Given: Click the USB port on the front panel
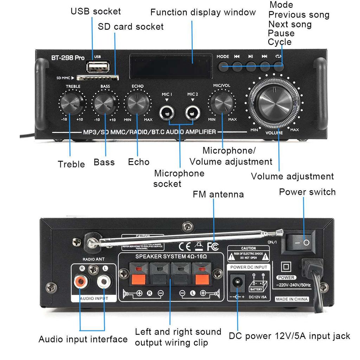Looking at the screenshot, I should [x=93, y=66].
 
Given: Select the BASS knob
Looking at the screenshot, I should [x=104, y=103].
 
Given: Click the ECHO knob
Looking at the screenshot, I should [x=137, y=103].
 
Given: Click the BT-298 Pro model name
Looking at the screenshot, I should [x=68, y=58].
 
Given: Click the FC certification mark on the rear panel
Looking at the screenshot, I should [x=213, y=246].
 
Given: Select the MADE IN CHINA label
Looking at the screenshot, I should [x=292, y=299].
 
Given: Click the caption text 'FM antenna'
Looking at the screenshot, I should [x=218, y=194].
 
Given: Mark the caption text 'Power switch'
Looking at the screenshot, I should [x=307, y=192].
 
